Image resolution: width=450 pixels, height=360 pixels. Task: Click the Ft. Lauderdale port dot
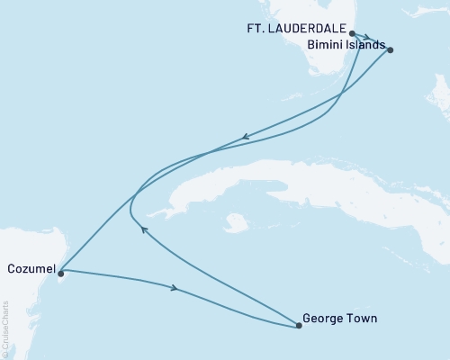352,32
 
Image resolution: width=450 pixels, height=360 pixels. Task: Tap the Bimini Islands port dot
390,50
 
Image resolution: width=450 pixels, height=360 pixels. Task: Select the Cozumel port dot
60,268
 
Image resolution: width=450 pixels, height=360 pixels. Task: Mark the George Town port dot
298,325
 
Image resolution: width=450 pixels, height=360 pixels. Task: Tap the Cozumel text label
30,268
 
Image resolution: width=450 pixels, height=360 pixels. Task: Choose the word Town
363,318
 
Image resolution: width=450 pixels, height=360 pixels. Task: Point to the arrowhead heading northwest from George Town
144,229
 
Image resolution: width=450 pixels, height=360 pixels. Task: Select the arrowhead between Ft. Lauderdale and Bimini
367,38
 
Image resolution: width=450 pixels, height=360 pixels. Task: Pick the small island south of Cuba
237,220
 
